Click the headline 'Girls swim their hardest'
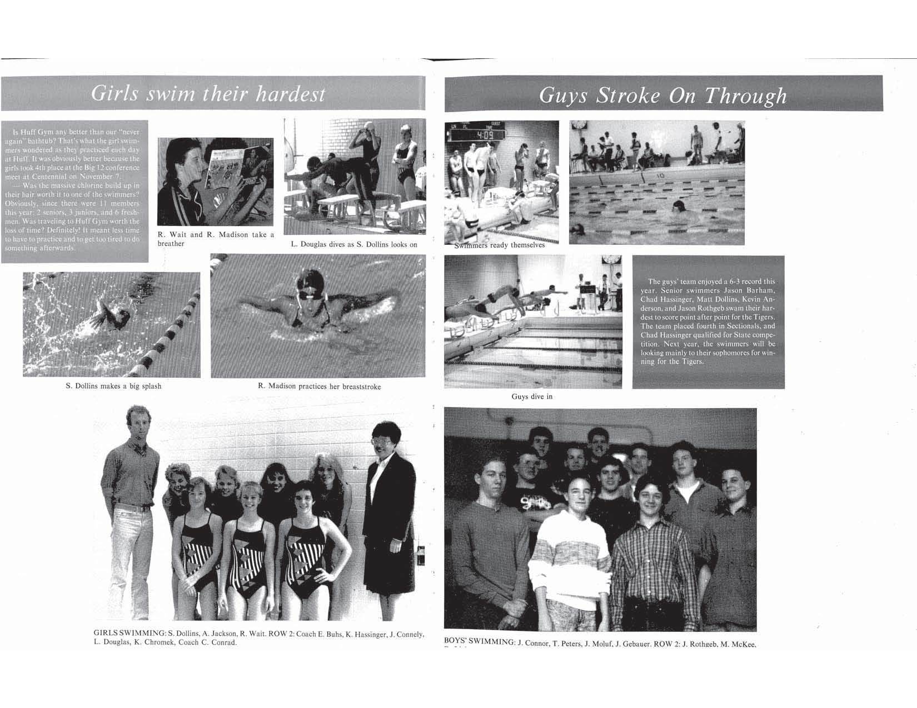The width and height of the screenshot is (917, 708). [208, 93]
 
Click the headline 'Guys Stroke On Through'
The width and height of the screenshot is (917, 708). [662, 96]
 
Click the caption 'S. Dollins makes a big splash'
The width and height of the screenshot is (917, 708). [113, 386]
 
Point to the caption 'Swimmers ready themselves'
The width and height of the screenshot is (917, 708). [500, 245]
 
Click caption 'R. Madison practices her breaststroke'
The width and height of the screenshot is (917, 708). [319, 386]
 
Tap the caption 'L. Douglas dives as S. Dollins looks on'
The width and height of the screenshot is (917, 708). [354, 244]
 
